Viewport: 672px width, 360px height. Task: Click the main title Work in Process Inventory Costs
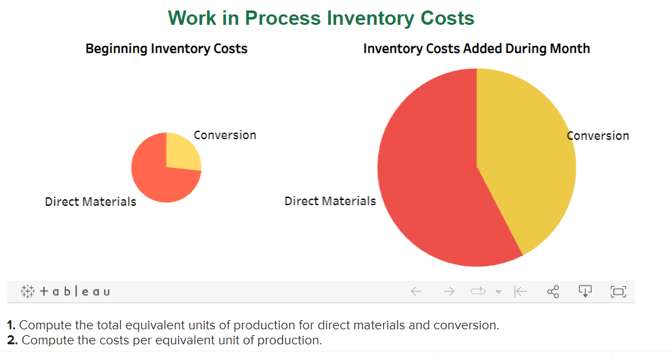pos(321,18)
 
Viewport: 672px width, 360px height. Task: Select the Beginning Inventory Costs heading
pos(166,49)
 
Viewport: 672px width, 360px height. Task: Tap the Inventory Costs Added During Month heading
pos(477,49)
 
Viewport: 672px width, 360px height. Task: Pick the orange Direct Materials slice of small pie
pos(157,176)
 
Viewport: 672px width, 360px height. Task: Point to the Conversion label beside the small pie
pos(225,135)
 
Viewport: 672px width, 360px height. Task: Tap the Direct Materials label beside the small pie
pos(90,202)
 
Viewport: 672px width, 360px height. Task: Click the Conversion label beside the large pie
pos(597,136)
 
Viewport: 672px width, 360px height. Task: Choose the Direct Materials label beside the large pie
pos(330,201)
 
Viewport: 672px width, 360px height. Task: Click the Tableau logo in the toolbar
pos(65,291)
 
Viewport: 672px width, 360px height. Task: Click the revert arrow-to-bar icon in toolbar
pos(520,291)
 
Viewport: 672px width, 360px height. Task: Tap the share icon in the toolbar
pos(553,291)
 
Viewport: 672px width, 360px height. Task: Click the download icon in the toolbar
pos(585,291)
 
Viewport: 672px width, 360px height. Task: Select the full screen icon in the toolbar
pos(618,291)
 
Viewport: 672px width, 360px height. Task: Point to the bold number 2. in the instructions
pos(12,340)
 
